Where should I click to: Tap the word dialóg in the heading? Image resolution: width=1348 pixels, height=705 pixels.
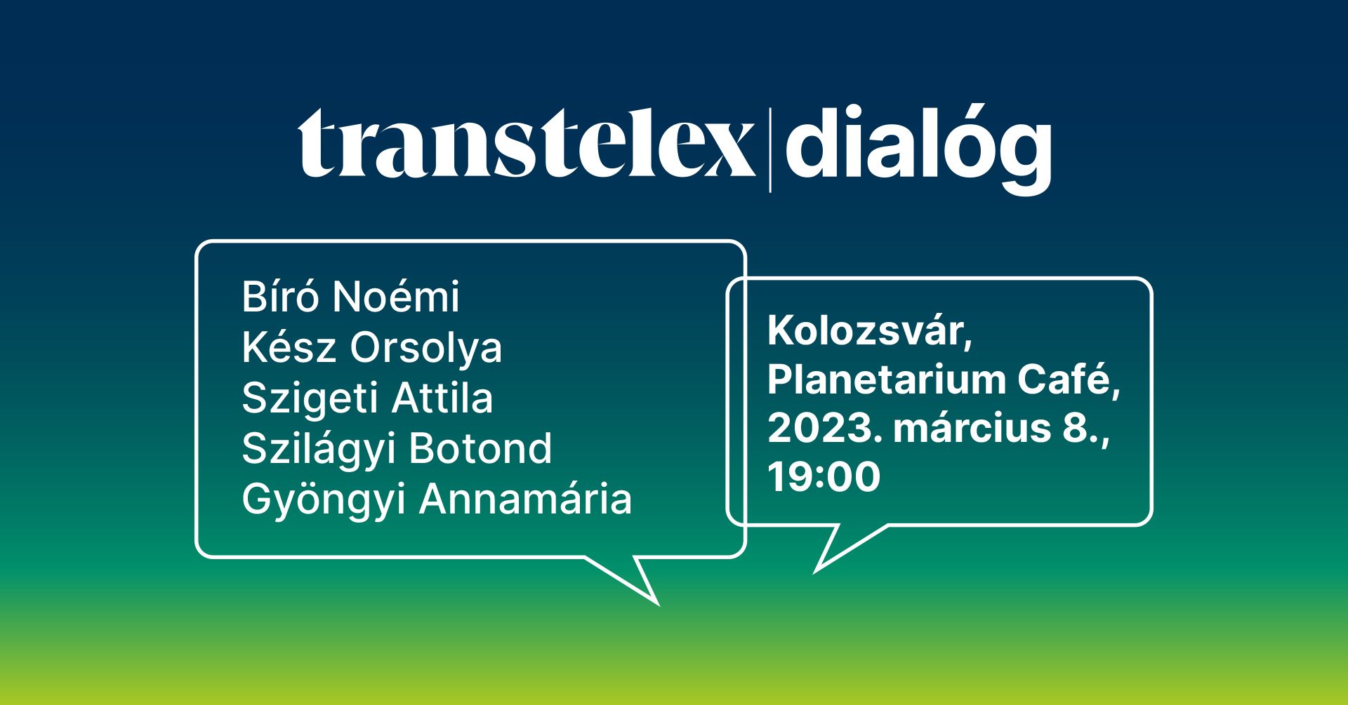918,147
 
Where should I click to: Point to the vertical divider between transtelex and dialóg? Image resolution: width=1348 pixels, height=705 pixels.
770,149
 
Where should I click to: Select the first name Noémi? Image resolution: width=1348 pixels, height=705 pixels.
396,297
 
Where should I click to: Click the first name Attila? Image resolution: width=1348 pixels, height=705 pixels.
442,398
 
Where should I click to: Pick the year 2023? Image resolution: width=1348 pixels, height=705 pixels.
825,429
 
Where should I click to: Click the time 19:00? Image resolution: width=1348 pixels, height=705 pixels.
824,477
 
